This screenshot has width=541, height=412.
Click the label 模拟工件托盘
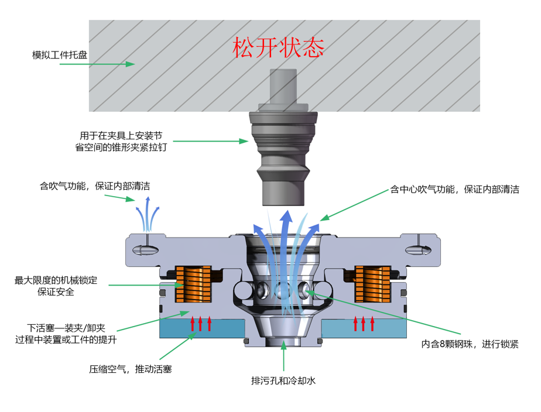click(x=60, y=56)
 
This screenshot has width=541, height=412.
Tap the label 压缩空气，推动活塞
click(x=130, y=369)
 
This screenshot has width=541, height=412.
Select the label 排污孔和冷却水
click(x=283, y=381)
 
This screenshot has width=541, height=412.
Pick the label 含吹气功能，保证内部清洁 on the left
click(x=95, y=187)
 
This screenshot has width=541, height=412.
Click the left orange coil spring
click(x=194, y=284)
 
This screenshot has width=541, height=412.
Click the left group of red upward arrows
click(x=200, y=324)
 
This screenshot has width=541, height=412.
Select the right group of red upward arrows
click(x=363, y=324)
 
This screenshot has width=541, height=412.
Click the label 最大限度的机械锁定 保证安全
click(x=56, y=286)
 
